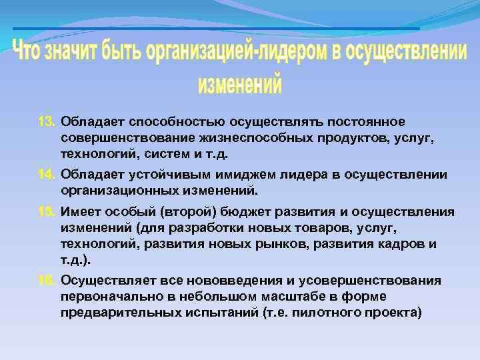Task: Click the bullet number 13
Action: (x=47, y=123)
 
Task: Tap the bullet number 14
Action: (x=47, y=175)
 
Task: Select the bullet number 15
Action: (x=47, y=212)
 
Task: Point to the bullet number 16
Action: (x=47, y=281)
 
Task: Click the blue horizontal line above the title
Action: (x=216, y=29)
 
